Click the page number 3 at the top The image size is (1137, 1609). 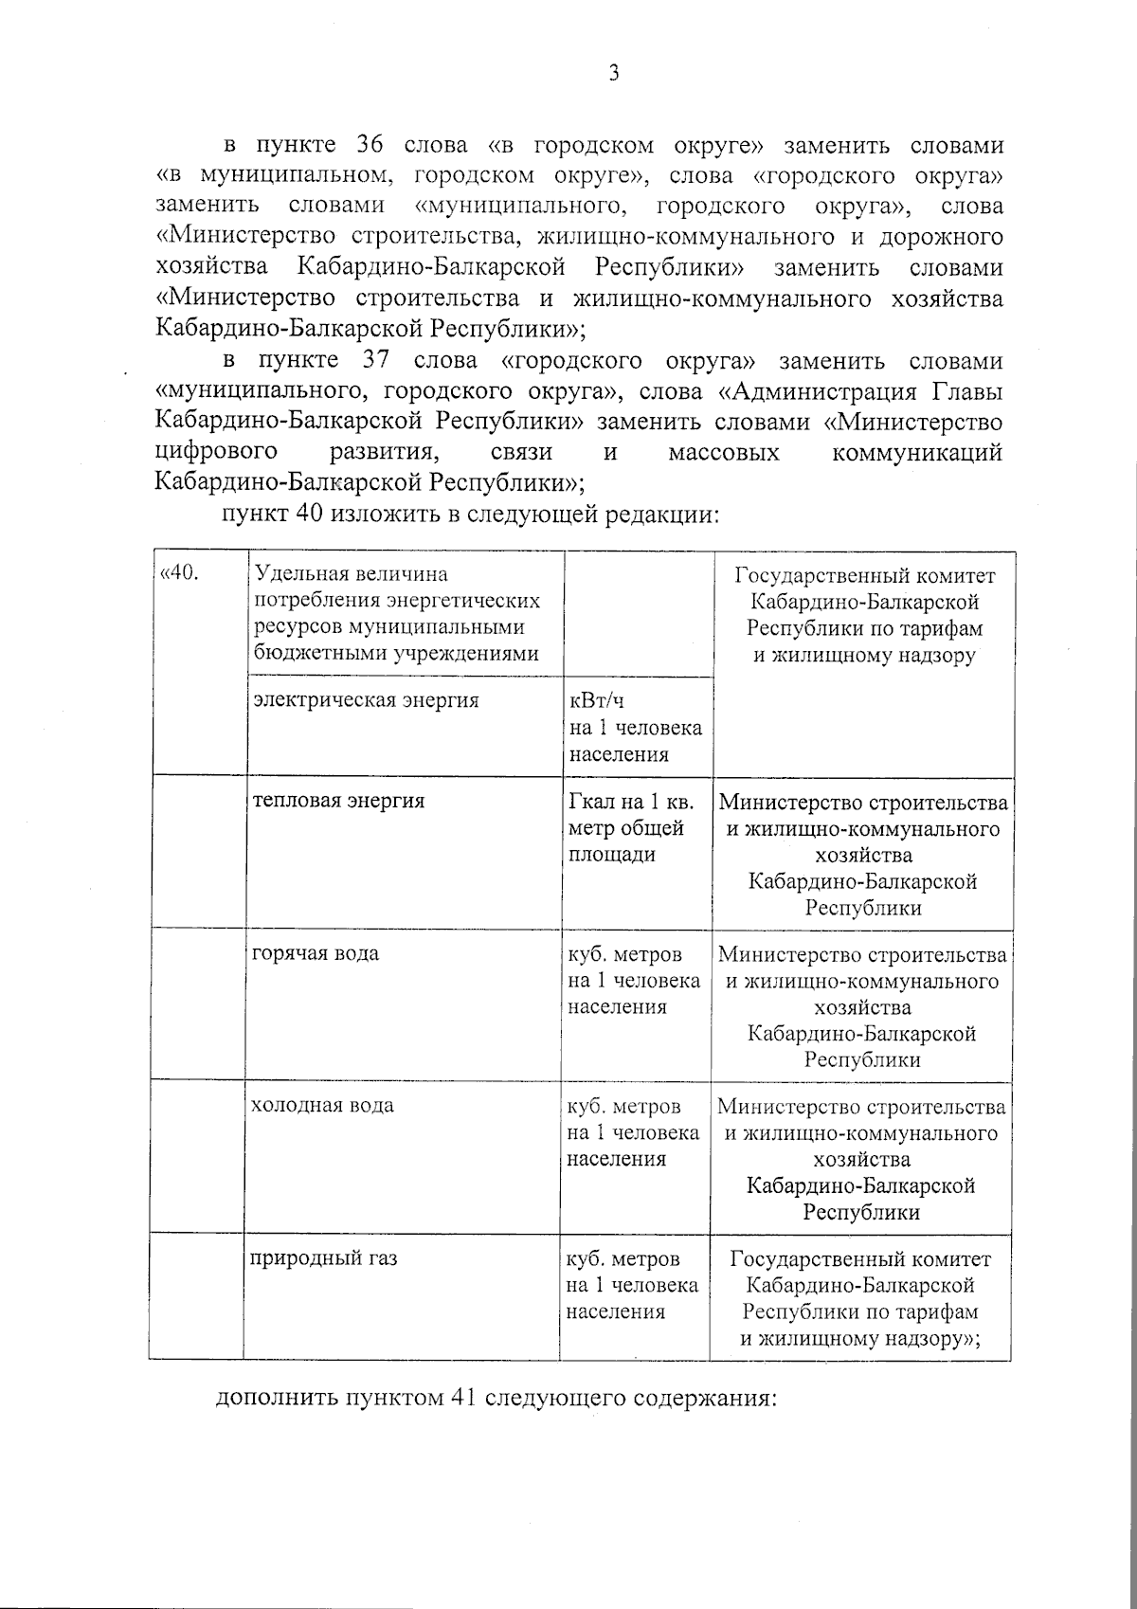pos(614,74)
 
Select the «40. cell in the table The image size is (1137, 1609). pos(181,574)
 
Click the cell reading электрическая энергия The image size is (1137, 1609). pos(366,700)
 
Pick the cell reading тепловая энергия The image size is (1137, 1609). pos(338,801)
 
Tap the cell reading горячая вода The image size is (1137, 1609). pos(316,953)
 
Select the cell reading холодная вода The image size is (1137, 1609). pos(322,1106)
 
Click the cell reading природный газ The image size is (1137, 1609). pos(323,1259)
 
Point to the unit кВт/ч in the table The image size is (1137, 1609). pos(596,701)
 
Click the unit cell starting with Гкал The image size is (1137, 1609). pos(631,827)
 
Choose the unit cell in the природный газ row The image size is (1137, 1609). pos(632,1286)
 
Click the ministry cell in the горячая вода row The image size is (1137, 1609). pos(862,1006)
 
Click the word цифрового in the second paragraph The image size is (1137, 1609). pos(216,452)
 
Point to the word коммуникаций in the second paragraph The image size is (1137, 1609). pos(916,452)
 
